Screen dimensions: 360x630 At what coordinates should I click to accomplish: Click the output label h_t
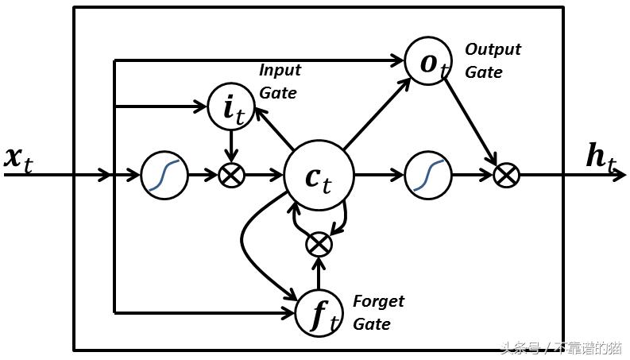pyautogui.click(x=601, y=158)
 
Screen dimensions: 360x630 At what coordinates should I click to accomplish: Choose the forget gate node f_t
pyautogui.click(x=319, y=312)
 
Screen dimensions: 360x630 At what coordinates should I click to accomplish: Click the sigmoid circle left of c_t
pyautogui.click(x=165, y=175)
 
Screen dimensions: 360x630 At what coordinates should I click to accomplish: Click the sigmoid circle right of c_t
pyautogui.click(x=428, y=175)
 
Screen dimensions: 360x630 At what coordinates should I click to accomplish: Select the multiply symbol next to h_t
pyautogui.click(x=506, y=175)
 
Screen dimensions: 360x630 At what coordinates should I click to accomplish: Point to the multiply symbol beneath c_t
pyautogui.click(x=319, y=244)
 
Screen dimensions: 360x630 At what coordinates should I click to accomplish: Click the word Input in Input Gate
pyautogui.click(x=280, y=70)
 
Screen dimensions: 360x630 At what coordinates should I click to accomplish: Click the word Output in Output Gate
pyautogui.click(x=493, y=49)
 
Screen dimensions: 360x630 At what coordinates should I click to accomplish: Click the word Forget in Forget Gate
pyautogui.click(x=378, y=302)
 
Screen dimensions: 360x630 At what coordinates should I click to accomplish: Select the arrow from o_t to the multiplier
pyautogui.click(x=472, y=120)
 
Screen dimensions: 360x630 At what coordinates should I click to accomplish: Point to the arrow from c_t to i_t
pyautogui.click(x=272, y=129)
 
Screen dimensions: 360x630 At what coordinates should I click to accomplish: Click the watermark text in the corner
pyautogui.click(x=560, y=348)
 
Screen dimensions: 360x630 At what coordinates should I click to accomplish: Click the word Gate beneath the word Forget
pyautogui.click(x=371, y=324)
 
